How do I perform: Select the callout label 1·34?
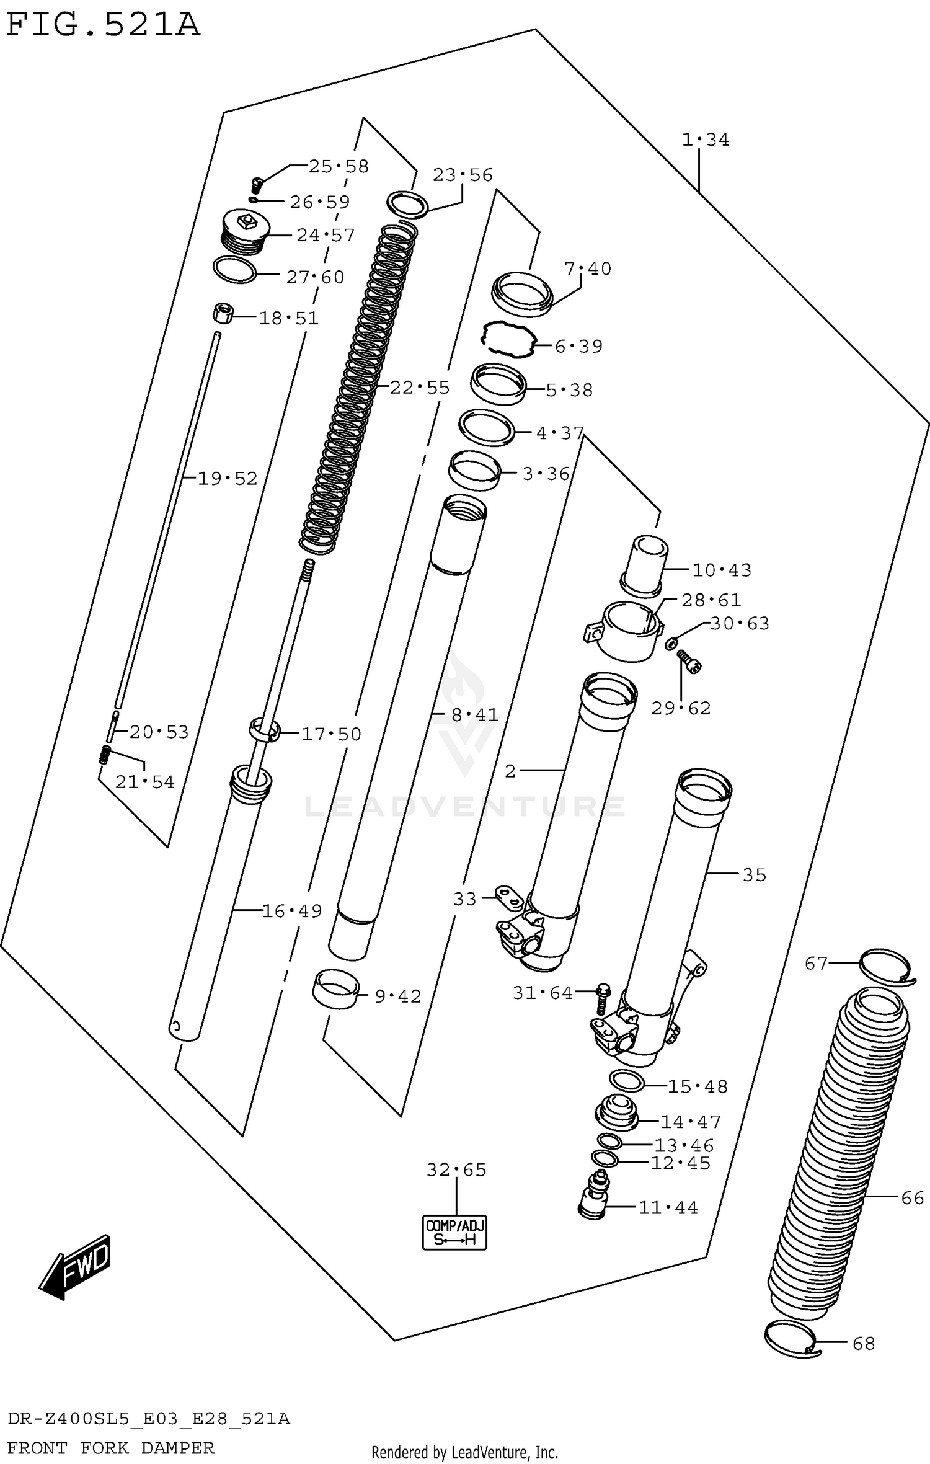(x=705, y=140)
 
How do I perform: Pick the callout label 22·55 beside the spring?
(x=420, y=388)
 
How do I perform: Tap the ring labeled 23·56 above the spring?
(x=407, y=204)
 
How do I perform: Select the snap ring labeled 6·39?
(x=508, y=340)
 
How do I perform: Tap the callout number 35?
(x=755, y=875)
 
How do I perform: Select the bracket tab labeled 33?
(x=507, y=895)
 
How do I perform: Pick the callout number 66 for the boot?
(x=913, y=1197)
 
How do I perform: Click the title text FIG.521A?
(x=102, y=25)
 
